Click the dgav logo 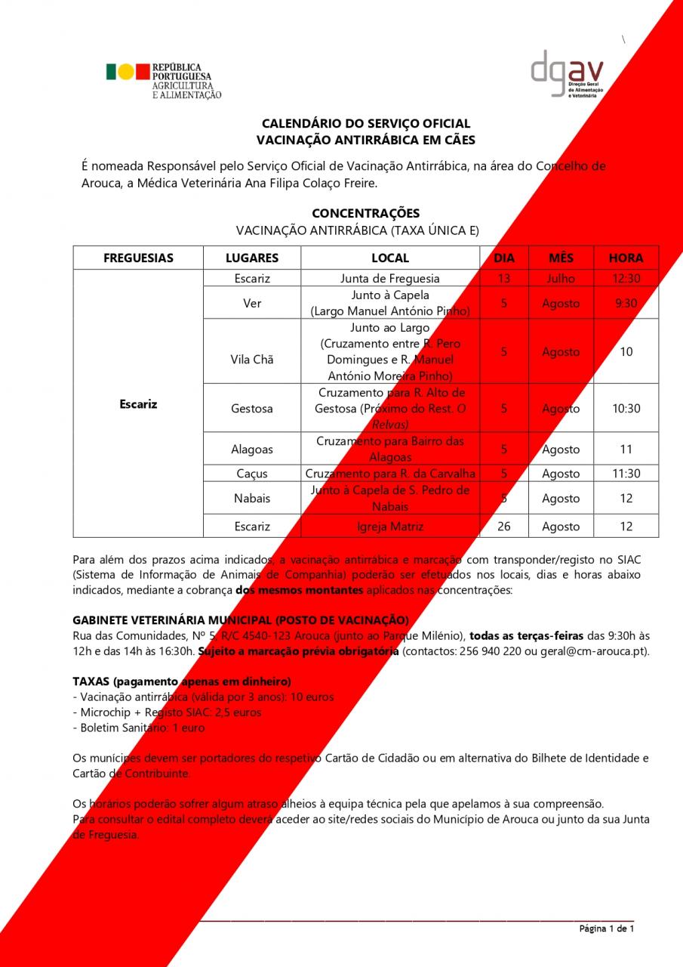pos(566,74)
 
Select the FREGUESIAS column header pos(138,258)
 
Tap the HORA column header pos(626,258)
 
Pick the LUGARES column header pos(252,258)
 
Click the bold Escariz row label pos(138,404)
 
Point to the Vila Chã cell pos(252,360)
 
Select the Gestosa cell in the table pos(252,409)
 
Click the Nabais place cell pos(252,499)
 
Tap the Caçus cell pos(252,474)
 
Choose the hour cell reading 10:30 pos(626,409)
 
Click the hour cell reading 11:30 pos(626,474)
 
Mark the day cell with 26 pos(504,527)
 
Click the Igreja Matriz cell pos(390,527)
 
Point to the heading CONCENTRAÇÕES pos(365,213)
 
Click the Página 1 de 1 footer pos(606,929)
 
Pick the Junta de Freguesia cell pos(390,279)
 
